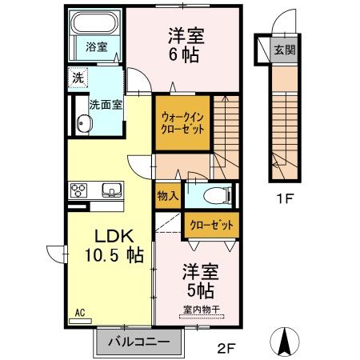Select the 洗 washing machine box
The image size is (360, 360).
click(x=78, y=78)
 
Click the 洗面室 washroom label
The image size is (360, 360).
click(x=104, y=103)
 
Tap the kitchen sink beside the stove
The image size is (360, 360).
click(x=110, y=190)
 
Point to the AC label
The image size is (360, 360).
click(x=79, y=313)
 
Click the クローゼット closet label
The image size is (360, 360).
click(x=211, y=226)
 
